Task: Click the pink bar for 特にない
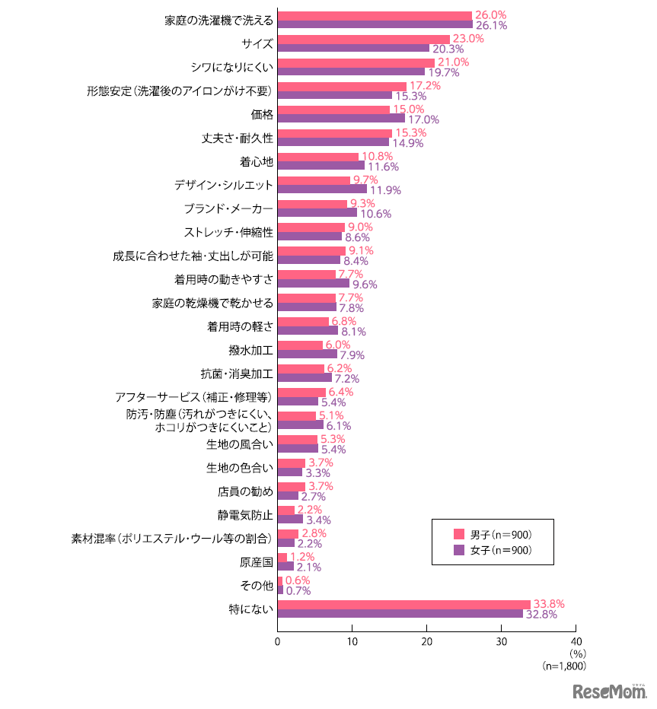click(x=403, y=605)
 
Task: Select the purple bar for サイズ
click(x=353, y=48)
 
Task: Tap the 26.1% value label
click(x=491, y=25)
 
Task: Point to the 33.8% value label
click(x=549, y=605)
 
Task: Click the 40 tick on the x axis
click(x=576, y=641)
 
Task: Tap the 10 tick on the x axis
click(x=352, y=641)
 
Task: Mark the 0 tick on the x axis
click(x=278, y=641)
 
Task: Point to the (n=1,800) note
click(x=563, y=666)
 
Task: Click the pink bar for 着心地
click(x=317, y=157)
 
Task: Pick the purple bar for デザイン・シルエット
click(x=322, y=189)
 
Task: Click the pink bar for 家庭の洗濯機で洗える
click(x=375, y=15)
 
